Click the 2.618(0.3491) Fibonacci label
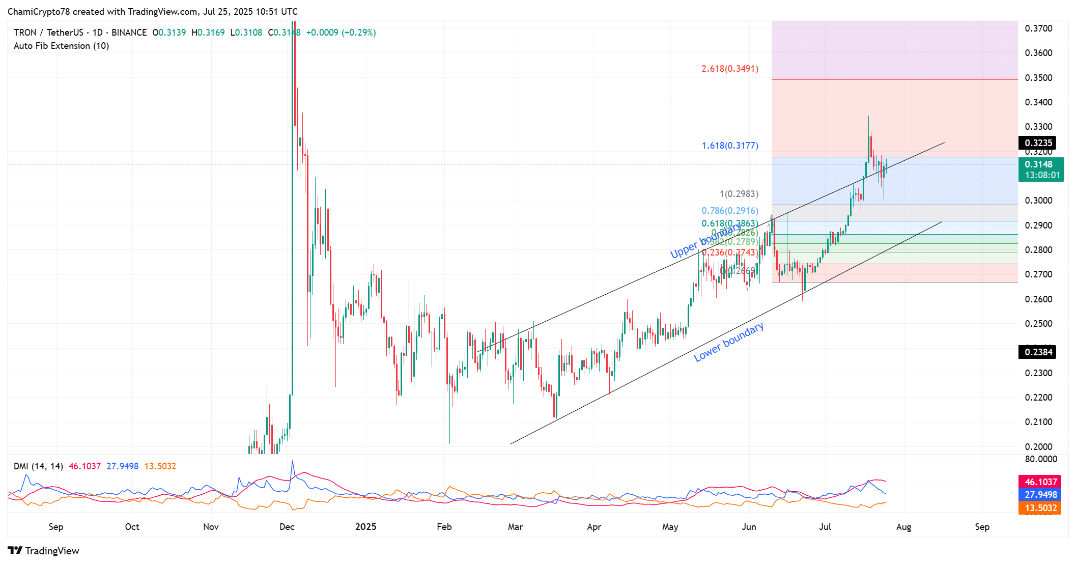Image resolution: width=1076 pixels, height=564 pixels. [x=729, y=69]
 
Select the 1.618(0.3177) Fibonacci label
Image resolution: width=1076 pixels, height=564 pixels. [x=729, y=146]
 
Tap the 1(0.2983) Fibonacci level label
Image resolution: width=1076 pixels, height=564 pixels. [x=739, y=194]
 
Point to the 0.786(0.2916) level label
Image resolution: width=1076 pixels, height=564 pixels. [x=729, y=211]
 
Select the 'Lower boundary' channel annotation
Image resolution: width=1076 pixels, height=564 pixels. [x=728, y=342]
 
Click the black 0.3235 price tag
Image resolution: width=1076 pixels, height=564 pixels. [x=1038, y=143]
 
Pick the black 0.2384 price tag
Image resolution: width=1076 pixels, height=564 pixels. [x=1038, y=352]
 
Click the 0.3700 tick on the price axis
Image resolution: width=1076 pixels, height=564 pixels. [x=1038, y=29]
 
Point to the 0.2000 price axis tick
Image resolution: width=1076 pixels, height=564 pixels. [x=1038, y=447]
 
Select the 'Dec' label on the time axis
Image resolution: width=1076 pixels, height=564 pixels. [x=287, y=527]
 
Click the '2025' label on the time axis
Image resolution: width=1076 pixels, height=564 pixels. [x=365, y=527]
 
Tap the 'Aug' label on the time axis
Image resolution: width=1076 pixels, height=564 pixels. [x=903, y=527]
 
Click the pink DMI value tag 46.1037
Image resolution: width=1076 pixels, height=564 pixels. [x=1040, y=482]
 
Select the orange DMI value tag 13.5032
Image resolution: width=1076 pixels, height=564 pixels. [x=1040, y=508]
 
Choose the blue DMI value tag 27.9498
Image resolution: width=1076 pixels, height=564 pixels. [x=1040, y=495]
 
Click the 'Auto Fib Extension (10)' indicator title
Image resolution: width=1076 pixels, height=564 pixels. [x=61, y=46]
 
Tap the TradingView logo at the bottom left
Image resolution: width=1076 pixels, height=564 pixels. [x=44, y=551]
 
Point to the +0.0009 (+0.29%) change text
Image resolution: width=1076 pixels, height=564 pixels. [x=341, y=33]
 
